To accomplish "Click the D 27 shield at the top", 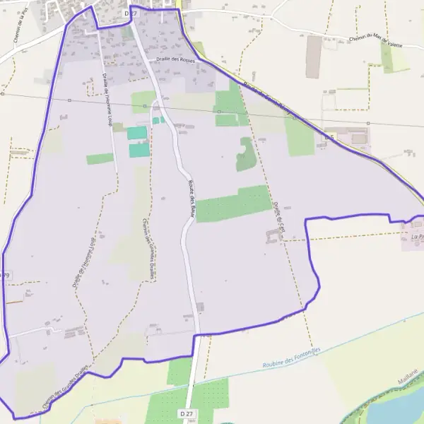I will [129, 13].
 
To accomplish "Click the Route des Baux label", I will [192, 199].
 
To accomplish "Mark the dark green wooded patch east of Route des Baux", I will [245, 154].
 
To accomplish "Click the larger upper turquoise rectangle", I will [137, 133].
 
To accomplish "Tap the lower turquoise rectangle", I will [139, 150].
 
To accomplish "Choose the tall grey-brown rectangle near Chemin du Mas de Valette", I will [314, 57].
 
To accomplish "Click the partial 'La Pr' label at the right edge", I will [416, 237].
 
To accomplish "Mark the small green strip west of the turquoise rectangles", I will [100, 159].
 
